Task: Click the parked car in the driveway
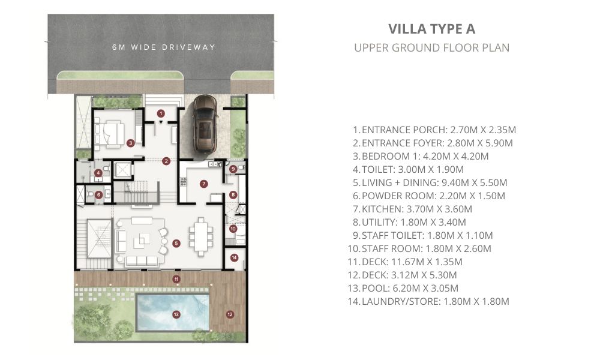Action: (205, 125)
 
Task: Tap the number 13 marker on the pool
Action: (176, 314)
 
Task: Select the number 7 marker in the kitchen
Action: (203, 184)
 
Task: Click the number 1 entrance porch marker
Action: (161, 113)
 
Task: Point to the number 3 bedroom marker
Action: (130, 143)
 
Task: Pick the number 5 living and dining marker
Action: (176, 244)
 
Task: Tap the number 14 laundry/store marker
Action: (234, 257)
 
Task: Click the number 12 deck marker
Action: (230, 314)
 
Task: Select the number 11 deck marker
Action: (176, 279)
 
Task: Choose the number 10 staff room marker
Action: (233, 229)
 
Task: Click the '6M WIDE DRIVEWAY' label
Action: (164, 47)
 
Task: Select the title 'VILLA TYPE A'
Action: (431, 29)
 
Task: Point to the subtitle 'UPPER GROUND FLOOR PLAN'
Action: (431, 48)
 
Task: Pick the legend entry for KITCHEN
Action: (413, 209)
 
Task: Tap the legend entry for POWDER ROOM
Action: (429, 196)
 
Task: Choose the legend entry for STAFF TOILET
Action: (423, 235)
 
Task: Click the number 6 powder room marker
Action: (99, 195)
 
